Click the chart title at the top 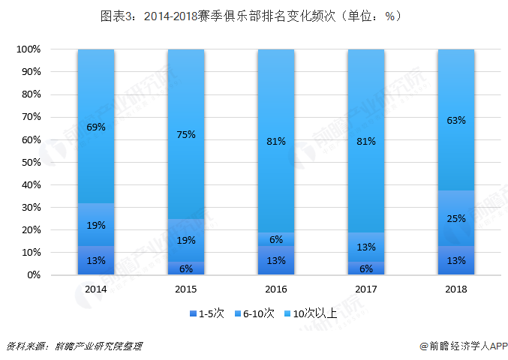click(254, 16)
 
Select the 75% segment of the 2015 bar click(186, 134)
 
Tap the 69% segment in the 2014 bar click(96, 127)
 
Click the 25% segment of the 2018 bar click(456, 218)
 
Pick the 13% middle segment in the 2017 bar click(366, 247)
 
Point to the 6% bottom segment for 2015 click(186, 268)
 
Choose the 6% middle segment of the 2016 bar click(276, 239)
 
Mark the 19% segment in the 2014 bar click(96, 225)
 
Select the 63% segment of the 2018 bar click(456, 120)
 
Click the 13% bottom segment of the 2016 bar click(276, 260)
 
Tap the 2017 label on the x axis click(366, 289)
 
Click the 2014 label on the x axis click(96, 289)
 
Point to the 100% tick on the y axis click(28, 49)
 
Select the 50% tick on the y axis click(31, 162)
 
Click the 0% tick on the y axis click(33, 275)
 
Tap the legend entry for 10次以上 click(314, 313)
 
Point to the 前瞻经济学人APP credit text click(458, 346)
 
